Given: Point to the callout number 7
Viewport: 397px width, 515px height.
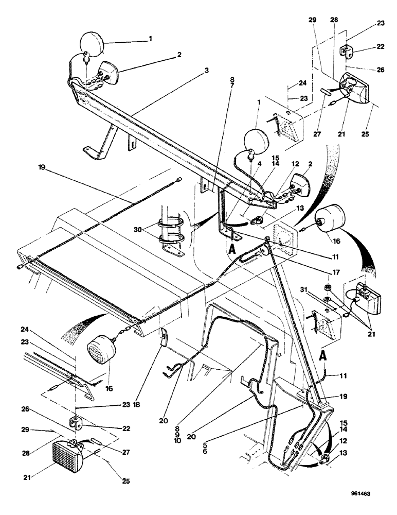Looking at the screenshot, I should click(x=232, y=85).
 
